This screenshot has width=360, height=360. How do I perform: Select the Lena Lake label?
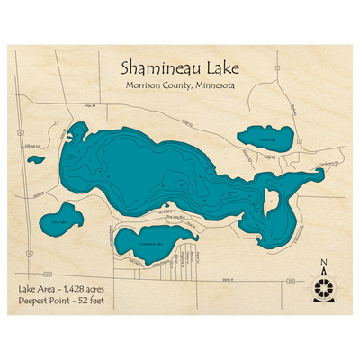(x=59, y=221)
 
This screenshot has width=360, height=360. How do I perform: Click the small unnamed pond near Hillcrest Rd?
(x=36, y=160)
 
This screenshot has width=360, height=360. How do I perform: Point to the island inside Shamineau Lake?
(x=270, y=203)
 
